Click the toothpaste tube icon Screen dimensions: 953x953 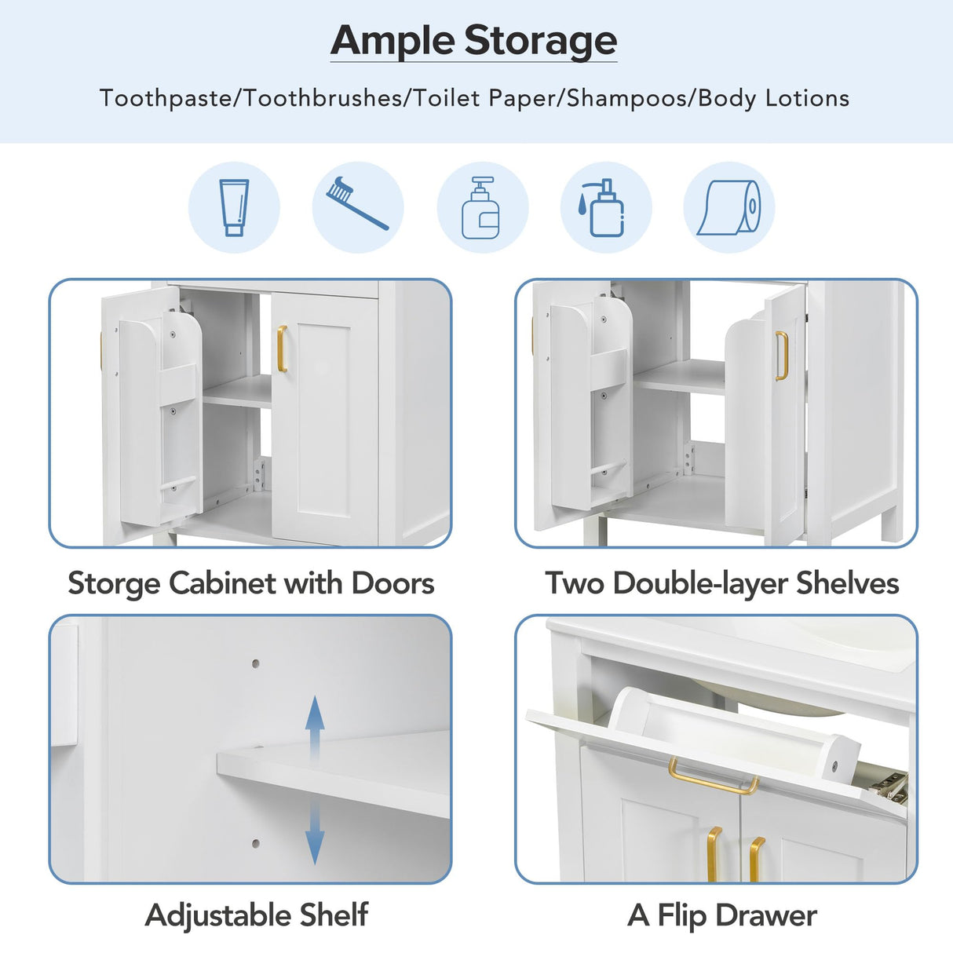click(x=234, y=207)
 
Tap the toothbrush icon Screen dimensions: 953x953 click(x=357, y=203)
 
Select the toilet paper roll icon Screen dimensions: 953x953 click(x=729, y=208)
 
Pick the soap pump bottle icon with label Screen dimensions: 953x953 click(x=481, y=208)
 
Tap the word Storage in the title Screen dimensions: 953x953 click(x=540, y=41)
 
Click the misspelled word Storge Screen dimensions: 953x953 click(x=115, y=583)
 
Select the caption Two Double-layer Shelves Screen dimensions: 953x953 click(x=721, y=583)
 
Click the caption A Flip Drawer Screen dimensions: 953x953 click(x=721, y=915)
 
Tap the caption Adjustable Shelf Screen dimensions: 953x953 click(x=256, y=915)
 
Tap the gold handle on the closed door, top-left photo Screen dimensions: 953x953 click(x=282, y=349)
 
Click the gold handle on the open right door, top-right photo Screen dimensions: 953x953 click(x=781, y=356)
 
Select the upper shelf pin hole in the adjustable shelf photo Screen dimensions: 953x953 click(x=256, y=663)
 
